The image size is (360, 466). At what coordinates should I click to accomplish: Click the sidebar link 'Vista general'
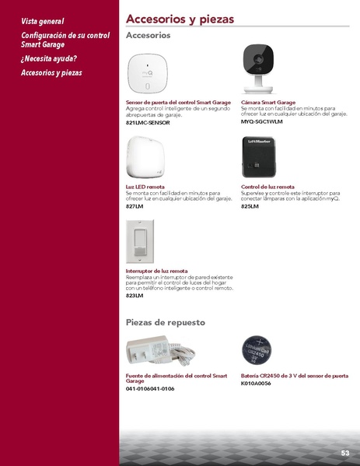click(x=43, y=22)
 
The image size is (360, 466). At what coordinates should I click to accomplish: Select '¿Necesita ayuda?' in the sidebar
click(x=49, y=59)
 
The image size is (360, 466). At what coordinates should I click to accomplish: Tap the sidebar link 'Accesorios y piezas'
click(x=51, y=73)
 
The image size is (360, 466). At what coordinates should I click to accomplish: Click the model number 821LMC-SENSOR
click(x=148, y=123)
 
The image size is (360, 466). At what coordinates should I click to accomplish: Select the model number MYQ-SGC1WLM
click(x=262, y=123)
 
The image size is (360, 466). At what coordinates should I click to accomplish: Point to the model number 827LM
click(x=135, y=206)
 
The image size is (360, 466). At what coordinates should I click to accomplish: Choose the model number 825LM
click(x=250, y=206)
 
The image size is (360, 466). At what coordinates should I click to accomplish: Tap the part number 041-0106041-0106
click(x=150, y=388)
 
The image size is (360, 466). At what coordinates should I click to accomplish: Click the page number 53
click(x=344, y=453)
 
